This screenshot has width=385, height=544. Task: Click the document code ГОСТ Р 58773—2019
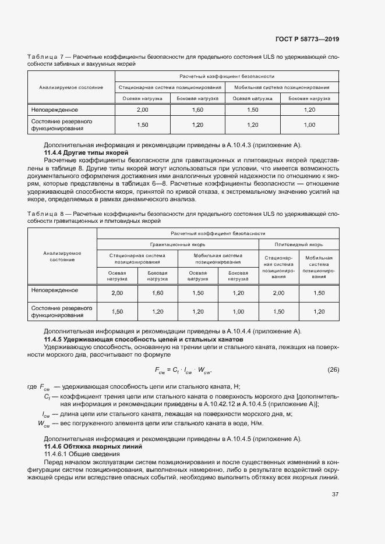[x=307, y=39]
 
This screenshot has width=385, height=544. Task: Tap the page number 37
[x=335, y=495]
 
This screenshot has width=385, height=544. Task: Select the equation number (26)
[x=333, y=369]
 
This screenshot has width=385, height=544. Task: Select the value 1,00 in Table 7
[x=309, y=125]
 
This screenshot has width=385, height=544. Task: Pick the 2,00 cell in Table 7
[x=142, y=109]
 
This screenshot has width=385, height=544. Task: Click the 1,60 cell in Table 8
[x=157, y=293]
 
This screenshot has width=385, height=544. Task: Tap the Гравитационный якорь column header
[x=177, y=244]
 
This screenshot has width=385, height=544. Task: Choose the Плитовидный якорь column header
[x=298, y=244]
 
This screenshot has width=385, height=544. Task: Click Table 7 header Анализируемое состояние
[x=71, y=87]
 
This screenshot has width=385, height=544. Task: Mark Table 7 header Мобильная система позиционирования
[x=282, y=87]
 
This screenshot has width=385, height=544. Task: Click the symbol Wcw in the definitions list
[x=44, y=423]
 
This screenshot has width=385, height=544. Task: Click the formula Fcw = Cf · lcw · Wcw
[x=183, y=369]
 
